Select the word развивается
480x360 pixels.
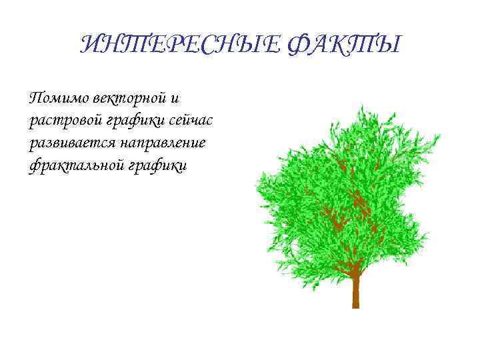[x=71, y=143]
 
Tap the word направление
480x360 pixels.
[x=163, y=143]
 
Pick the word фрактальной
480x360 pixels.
[x=71, y=165]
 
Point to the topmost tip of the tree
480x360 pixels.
[x=361, y=105]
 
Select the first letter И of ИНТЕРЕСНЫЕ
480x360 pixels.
[x=89, y=45]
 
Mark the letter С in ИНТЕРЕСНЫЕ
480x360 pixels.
[x=199, y=45]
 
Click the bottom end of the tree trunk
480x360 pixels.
[x=356, y=306]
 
